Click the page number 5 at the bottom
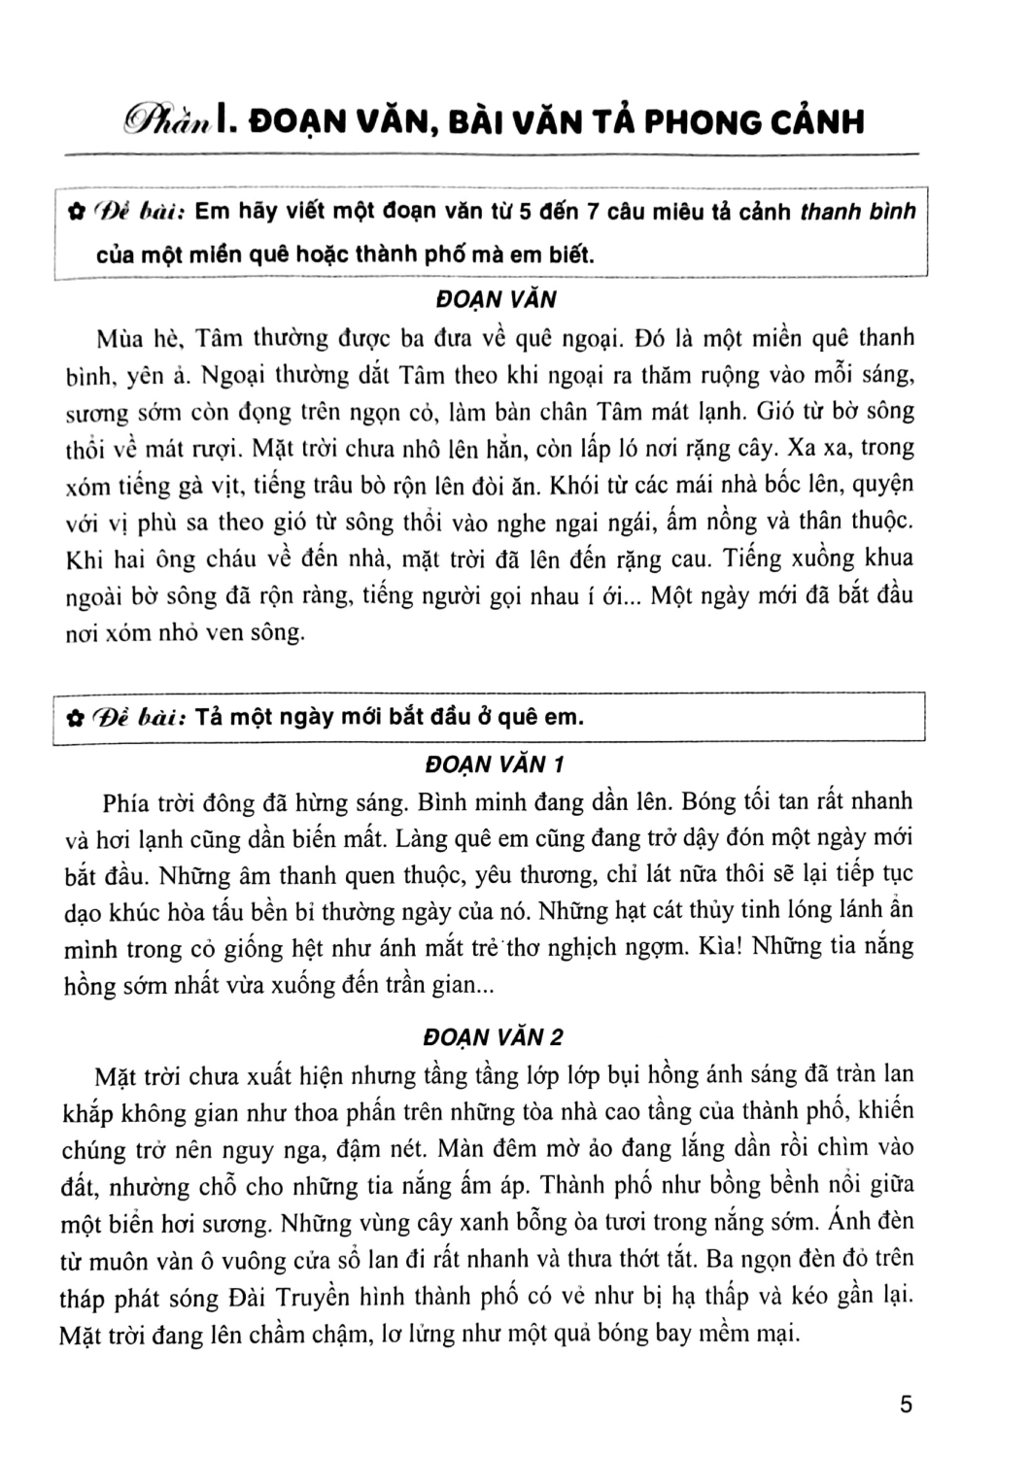[x=906, y=1405]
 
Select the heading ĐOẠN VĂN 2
[x=496, y=1036]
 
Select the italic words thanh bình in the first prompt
[x=856, y=211]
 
